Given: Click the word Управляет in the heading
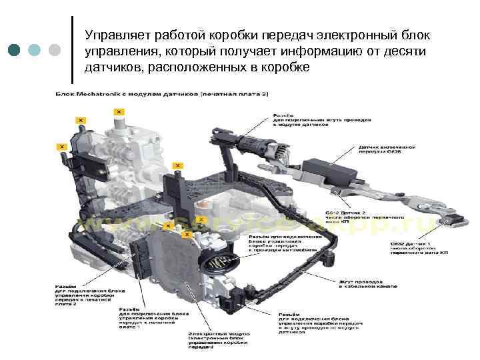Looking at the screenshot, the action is pos(115,34).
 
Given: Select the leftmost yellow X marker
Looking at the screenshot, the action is pos(61,145).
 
